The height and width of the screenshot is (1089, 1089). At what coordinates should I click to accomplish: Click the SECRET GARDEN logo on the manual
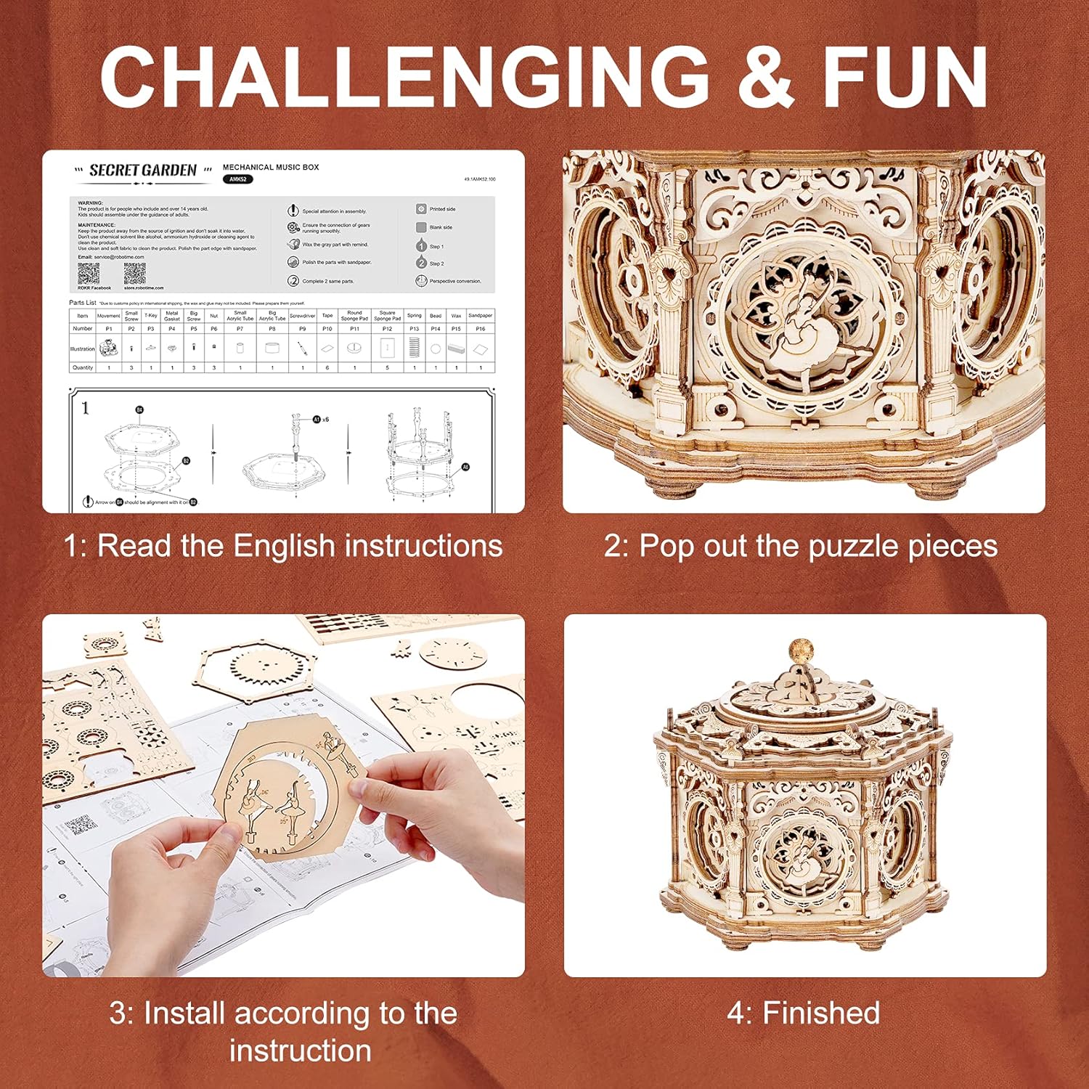click(142, 171)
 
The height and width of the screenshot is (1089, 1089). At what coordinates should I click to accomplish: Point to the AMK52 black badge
click(237, 179)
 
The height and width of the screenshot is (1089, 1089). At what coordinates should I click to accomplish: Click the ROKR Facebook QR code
click(89, 274)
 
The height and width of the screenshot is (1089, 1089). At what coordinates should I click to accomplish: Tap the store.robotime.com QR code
click(135, 274)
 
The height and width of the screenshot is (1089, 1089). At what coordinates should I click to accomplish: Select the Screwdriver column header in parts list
click(302, 316)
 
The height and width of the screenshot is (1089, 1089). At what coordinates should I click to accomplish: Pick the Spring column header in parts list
click(414, 316)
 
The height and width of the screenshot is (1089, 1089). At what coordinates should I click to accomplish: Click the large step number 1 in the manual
click(86, 408)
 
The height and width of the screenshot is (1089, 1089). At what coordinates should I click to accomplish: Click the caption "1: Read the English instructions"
click(283, 546)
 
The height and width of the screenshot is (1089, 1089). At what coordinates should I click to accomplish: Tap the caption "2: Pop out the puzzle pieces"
click(801, 546)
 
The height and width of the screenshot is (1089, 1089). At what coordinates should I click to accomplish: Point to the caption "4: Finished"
click(804, 1013)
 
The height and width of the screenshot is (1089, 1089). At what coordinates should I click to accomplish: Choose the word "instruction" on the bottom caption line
click(300, 1051)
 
